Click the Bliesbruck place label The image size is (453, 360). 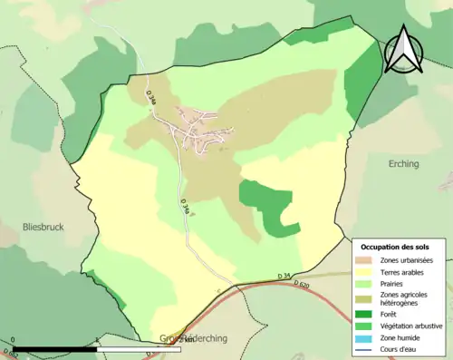click(x=43, y=228)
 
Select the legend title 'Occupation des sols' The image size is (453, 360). click(x=396, y=247)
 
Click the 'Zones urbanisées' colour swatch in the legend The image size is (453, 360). click(x=368, y=261)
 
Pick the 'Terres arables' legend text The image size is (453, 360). click(x=405, y=271)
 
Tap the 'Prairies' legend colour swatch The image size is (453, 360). click(x=368, y=282)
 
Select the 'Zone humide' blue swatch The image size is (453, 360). click(x=368, y=336)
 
